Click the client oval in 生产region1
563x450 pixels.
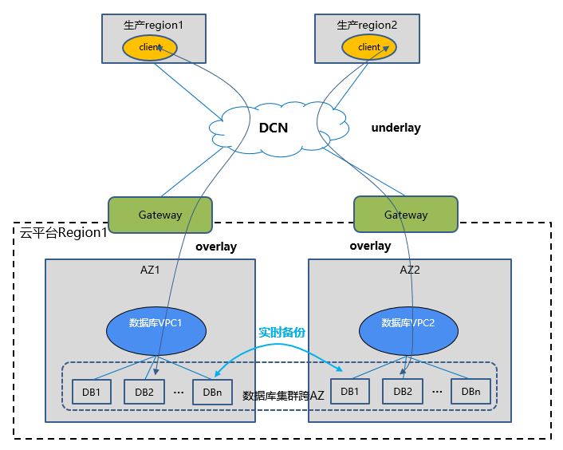coord(149,47)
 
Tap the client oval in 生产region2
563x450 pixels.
coord(369,47)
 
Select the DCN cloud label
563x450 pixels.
coord(273,128)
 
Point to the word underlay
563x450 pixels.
coord(396,128)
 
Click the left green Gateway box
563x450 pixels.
coord(160,215)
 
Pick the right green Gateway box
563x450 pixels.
coord(406,215)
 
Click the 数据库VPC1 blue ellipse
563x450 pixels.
coord(156,323)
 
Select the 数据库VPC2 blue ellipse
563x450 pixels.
coord(408,323)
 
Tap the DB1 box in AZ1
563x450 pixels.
coord(92,391)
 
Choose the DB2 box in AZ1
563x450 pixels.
coord(144,391)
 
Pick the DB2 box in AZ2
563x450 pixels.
coord(403,391)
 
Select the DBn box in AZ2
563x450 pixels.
coord(470,391)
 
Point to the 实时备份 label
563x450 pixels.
coord(281,332)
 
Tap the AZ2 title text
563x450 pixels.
coord(410,270)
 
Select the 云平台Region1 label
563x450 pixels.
coord(64,233)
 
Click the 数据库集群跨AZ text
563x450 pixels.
coord(283,395)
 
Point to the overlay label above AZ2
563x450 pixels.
coord(370,246)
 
